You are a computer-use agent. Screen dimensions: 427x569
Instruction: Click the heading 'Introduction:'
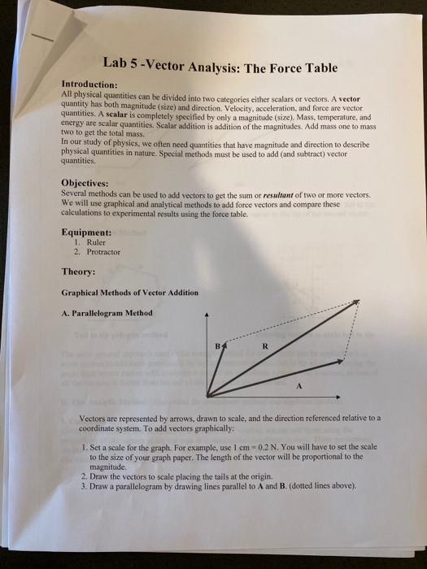90,84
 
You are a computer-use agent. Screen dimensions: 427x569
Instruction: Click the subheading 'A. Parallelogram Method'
107,313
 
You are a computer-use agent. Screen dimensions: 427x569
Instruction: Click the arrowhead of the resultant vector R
355,304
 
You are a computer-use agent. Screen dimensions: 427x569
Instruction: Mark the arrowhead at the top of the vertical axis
207,314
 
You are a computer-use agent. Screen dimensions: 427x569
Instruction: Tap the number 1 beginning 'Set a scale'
84,447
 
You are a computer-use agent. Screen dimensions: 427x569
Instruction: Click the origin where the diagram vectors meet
207,396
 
